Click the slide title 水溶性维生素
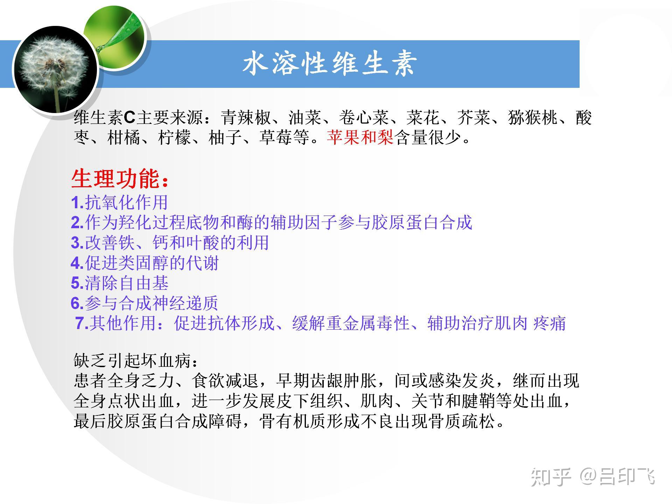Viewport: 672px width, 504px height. (x=330, y=64)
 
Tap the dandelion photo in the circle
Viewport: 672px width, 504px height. (x=55, y=70)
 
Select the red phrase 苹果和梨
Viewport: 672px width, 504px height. (x=360, y=138)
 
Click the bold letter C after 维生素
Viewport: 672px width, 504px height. (x=129, y=118)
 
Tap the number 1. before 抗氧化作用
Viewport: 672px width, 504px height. (x=78, y=202)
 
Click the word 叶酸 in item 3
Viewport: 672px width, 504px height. (x=203, y=243)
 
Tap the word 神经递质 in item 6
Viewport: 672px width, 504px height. (x=185, y=303)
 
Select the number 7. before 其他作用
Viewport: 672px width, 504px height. (x=82, y=323)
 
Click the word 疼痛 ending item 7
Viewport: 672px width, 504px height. (x=549, y=323)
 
